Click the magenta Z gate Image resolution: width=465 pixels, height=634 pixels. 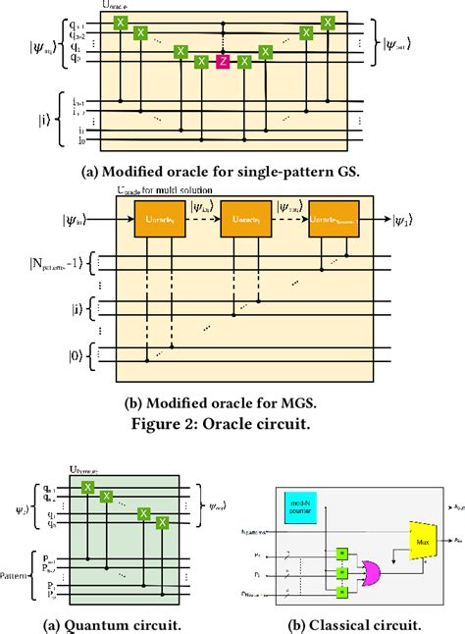point(223,63)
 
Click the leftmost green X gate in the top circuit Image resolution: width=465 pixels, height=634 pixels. point(120,21)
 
